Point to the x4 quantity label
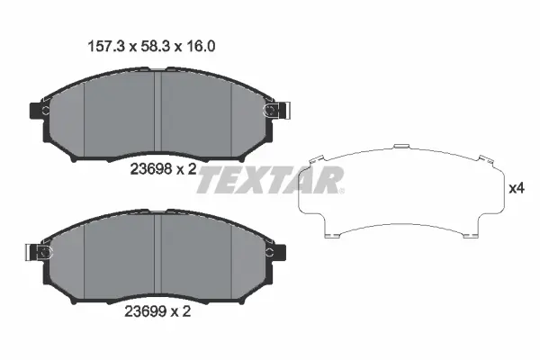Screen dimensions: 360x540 517,189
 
